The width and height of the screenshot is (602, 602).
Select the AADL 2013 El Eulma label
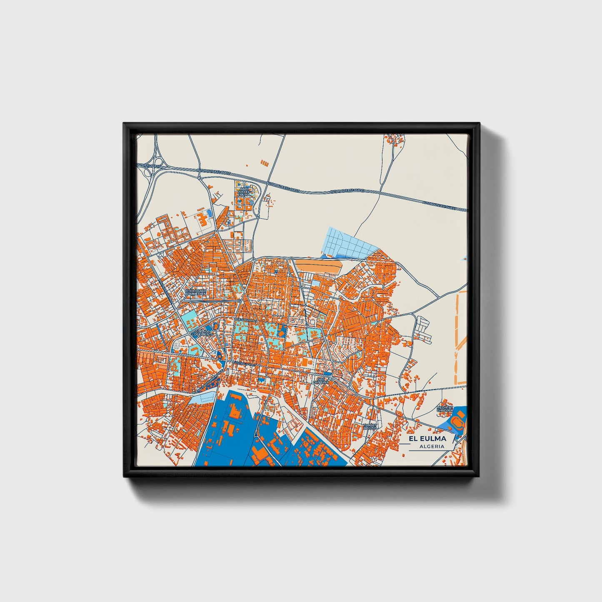tap(244, 191)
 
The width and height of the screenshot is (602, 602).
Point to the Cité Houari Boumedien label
tap(195, 292)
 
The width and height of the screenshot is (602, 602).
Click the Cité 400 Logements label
tap(203, 333)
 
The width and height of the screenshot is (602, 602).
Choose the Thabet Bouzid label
tap(370, 426)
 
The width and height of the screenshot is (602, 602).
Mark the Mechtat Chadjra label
tap(444, 409)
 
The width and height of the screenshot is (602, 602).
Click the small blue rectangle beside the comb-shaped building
tap(210, 213)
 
